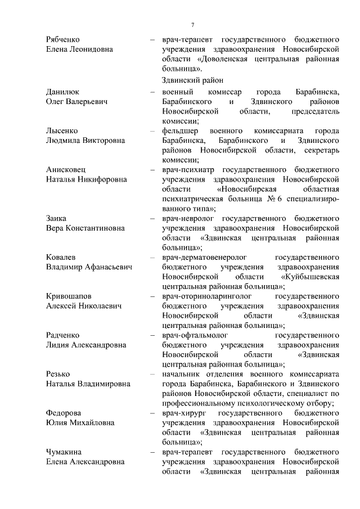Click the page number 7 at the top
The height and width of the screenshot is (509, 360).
192,25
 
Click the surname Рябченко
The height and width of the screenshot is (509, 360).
62,39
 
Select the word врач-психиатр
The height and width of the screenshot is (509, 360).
188,169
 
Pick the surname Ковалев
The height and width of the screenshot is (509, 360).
61,257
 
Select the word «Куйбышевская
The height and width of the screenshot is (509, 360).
309,277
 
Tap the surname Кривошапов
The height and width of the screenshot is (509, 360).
69,296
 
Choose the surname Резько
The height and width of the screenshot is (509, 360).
59,374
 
